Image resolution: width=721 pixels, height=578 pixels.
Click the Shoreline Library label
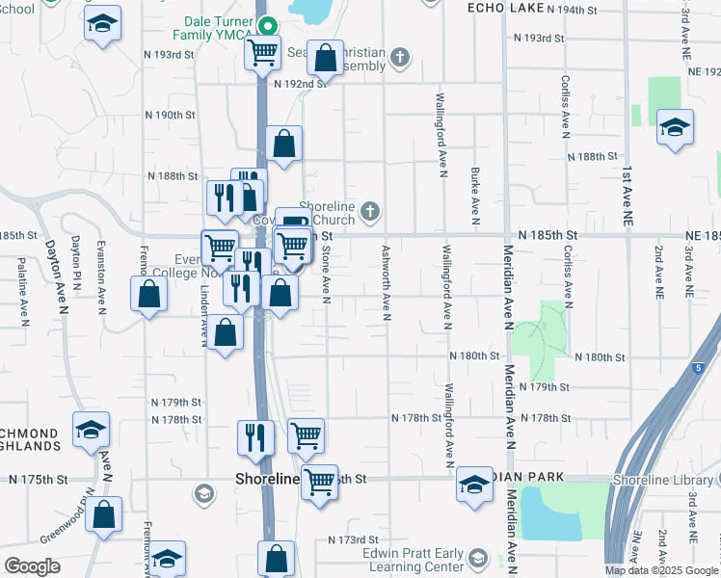click(x=665, y=479)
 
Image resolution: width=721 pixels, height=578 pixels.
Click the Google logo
click(x=32, y=566)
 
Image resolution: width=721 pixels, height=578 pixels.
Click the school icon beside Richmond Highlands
click(x=92, y=430)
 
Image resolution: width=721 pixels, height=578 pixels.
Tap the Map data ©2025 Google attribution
click(x=662, y=570)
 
